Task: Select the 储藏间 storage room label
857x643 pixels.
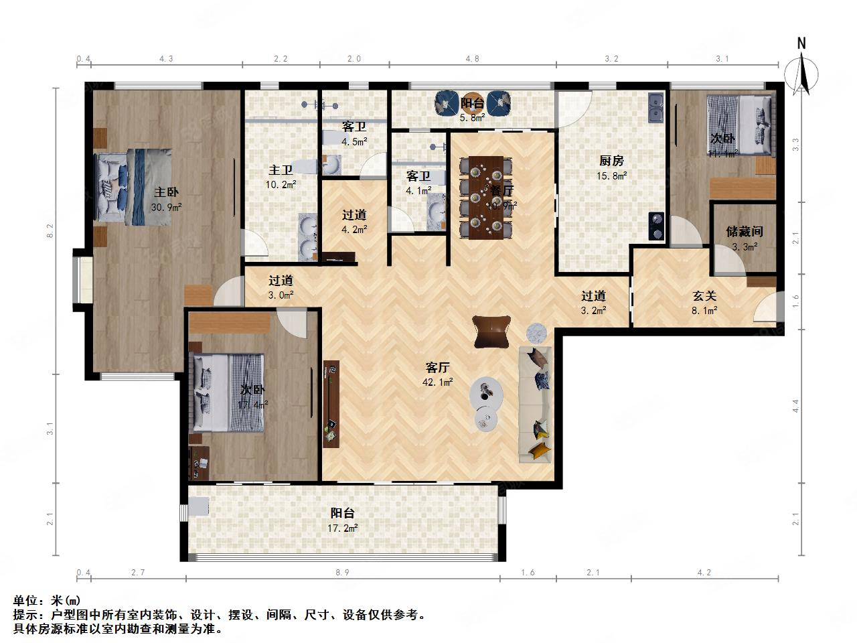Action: tap(745, 232)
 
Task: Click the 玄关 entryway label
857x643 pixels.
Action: tap(704, 295)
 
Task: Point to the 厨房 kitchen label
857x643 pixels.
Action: tap(611, 161)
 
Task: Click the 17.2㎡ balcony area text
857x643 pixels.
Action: tap(343, 528)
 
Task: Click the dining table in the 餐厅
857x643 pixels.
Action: tap(486, 197)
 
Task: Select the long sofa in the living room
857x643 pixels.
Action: tap(535, 404)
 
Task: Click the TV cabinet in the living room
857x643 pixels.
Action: tap(331, 403)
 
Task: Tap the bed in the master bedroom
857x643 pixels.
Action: tap(134, 185)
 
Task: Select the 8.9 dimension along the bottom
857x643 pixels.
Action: tap(343, 572)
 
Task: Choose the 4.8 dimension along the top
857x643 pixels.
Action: tap(472, 59)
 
